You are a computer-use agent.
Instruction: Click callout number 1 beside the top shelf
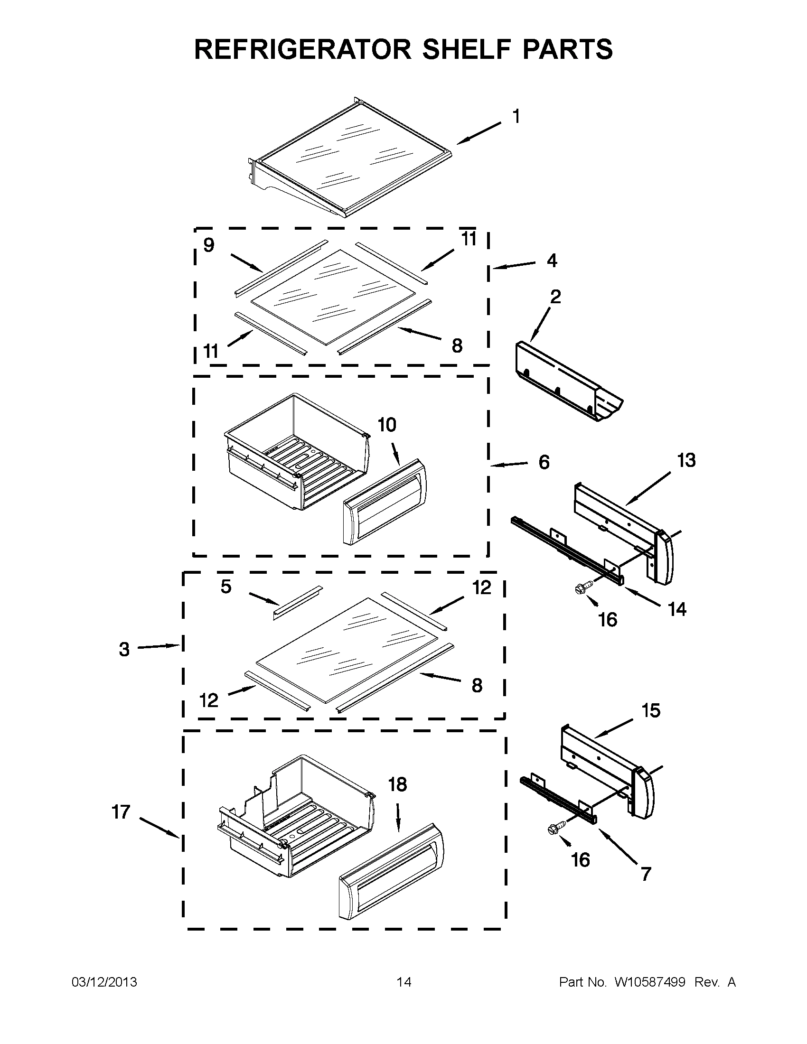[x=516, y=116]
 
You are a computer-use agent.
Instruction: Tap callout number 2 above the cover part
[x=555, y=297]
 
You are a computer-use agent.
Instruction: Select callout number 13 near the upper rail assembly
[x=686, y=460]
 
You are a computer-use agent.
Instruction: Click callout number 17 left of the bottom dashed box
[x=121, y=811]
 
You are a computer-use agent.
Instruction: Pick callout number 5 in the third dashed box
[x=226, y=587]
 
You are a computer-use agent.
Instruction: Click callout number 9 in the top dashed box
[x=209, y=245]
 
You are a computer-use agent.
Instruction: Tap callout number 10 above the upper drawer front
[x=387, y=425]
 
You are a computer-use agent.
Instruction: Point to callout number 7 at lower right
[x=646, y=874]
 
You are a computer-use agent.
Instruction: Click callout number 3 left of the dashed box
[x=124, y=649]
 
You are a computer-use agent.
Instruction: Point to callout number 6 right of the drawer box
[x=544, y=462]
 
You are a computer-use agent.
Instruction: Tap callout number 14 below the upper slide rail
[x=677, y=609]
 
